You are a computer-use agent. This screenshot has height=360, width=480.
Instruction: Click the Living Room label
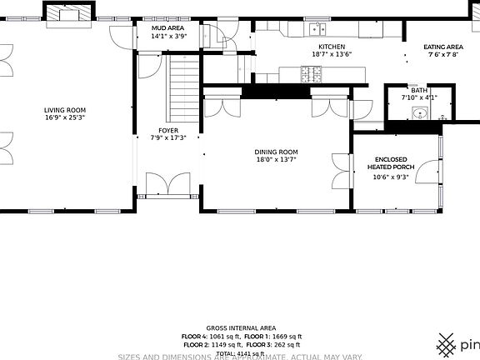(x=65, y=110)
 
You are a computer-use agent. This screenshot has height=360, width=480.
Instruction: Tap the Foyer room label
(x=168, y=130)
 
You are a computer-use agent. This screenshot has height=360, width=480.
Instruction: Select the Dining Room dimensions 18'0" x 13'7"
(x=276, y=159)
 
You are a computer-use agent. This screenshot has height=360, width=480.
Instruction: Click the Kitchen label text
(x=331, y=47)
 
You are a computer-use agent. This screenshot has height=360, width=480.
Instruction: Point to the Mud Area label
(x=167, y=28)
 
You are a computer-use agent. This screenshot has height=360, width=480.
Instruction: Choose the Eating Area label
(x=442, y=47)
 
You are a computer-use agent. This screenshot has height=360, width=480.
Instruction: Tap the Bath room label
(x=418, y=90)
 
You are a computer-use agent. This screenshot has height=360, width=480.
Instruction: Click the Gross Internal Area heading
(x=241, y=328)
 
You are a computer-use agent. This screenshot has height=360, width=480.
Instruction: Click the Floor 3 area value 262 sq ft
(x=286, y=344)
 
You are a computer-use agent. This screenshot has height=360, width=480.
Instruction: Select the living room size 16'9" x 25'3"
(x=65, y=117)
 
